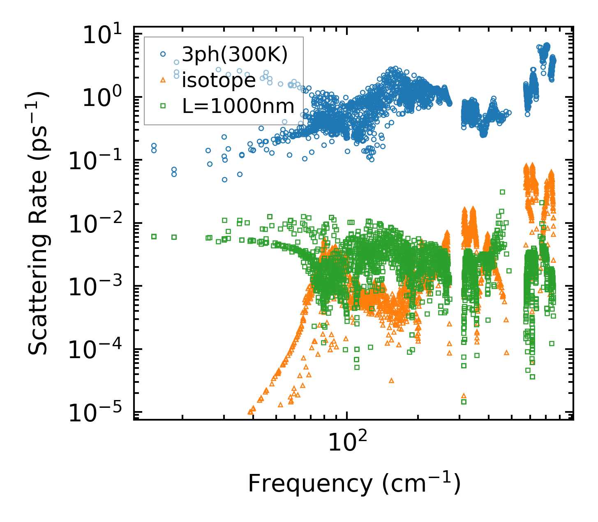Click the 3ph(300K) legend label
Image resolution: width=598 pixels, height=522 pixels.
tap(235, 55)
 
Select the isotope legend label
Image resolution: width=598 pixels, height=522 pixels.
tap(219, 80)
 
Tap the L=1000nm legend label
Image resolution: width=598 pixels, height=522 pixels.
tap(238, 106)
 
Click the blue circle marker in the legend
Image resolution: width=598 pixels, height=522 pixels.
tap(163, 54)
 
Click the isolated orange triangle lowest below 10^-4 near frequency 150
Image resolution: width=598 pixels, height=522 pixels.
tap(391, 381)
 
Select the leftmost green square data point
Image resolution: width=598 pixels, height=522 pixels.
tap(154, 237)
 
